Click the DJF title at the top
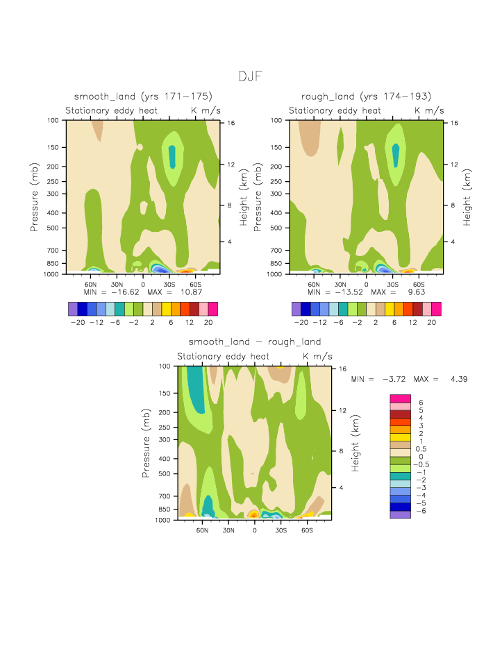[x=251, y=76]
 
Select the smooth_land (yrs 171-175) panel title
[x=143, y=96]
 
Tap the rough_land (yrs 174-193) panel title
[x=366, y=96]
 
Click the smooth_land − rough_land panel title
[x=255, y=342]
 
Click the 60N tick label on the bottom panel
[x=202, y=530]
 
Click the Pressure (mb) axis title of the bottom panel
[x=147, y=443]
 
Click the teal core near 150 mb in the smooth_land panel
[x=173, y=156]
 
